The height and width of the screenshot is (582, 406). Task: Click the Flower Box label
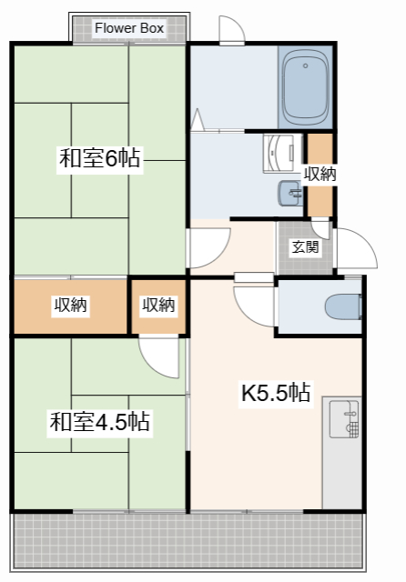click(x=129, y=28)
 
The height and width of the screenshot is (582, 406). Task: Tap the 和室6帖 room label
click(x=99, y=158)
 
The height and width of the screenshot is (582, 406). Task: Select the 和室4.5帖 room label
click(x=99, y=421)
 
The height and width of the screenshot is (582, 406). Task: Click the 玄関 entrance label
click(x=305, y=246)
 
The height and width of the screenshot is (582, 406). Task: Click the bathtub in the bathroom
click(x=305, y=87)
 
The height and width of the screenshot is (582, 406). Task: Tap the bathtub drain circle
click(x=305, y=65)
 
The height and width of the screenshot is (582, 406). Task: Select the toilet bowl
click(x=343, y=306)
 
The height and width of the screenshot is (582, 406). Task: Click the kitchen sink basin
click(x=344, y=418)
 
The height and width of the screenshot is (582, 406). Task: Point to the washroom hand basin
click(x=290, y=193)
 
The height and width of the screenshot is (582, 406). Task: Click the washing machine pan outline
click(x=282, y=154)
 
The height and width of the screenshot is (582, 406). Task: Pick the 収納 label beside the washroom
click(x=320, y=174)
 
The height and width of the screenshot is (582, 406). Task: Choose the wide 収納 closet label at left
click(x=71, y=305)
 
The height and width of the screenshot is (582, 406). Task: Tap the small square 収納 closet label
click(x=159, y=305)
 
